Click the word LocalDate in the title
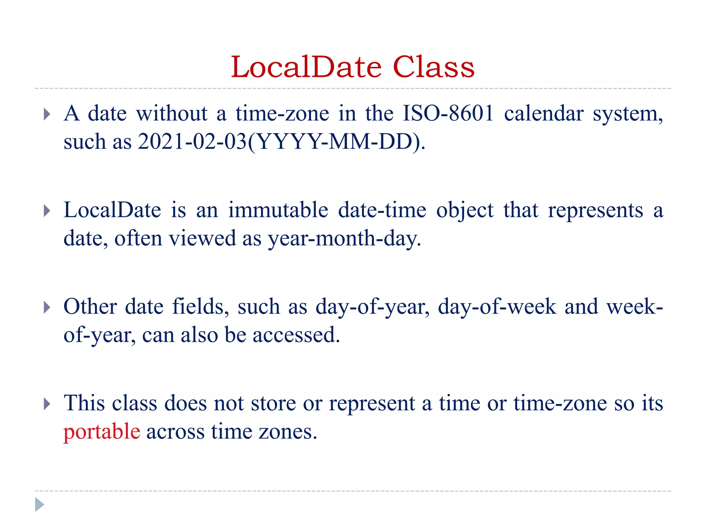pos(306,67)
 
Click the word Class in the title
pos(433,67)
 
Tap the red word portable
pos(102,431)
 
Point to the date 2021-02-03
pos(192,141)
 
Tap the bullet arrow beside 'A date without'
pos(47,114)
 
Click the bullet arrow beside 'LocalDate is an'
pos(47,211)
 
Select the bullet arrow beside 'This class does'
pos(47,404)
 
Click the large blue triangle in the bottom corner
pos(39,504)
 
